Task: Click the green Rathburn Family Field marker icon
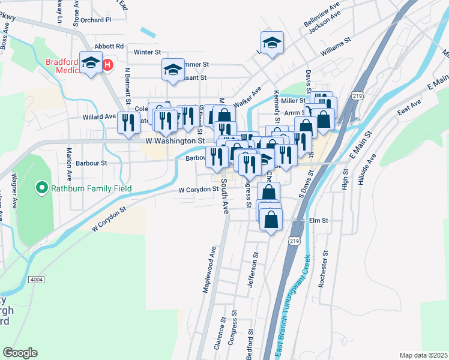point(41,188)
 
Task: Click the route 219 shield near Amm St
point(358,95)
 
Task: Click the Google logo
point(20,353)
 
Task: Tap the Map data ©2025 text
point(423,355)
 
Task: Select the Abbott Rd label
point(109,46)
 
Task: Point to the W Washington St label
point(172,140)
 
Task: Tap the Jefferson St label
point(255,268)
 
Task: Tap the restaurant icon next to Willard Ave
point(127,122)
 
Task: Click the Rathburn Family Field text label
point(91,188)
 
